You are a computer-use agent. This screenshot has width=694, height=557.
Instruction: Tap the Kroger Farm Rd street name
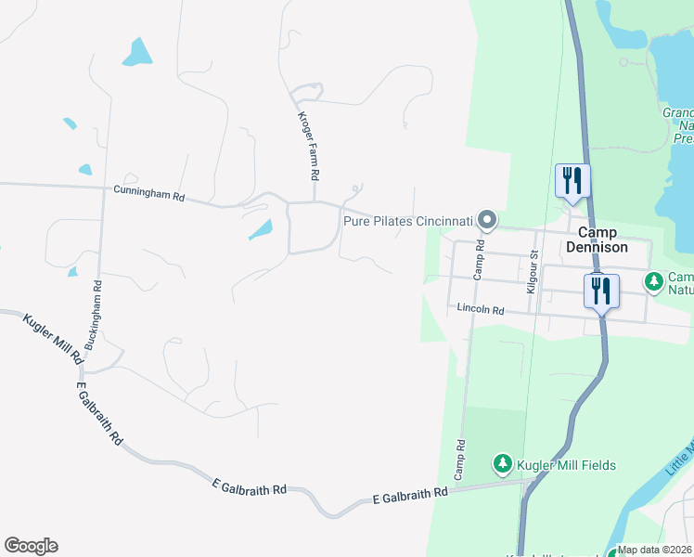click(308, 146)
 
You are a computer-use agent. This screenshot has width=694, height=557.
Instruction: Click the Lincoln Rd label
click(479, 310)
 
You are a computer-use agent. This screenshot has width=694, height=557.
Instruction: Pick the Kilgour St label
click(532, 272)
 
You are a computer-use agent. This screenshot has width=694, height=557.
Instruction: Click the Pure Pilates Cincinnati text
click(408, 221)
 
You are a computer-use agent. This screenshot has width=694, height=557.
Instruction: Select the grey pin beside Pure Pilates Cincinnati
click(488, 220)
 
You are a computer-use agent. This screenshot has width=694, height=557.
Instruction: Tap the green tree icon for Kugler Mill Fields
click(502, 462)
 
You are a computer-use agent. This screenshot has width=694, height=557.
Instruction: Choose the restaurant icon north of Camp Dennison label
click(572, 179)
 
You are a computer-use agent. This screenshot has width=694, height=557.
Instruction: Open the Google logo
click(31, 546)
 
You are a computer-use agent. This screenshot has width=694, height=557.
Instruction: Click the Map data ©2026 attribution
click(655, 550)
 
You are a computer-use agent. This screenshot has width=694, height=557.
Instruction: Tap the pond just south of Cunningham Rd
click(261, 229)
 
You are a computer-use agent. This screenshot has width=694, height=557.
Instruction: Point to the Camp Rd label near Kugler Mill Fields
click(458, 460)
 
